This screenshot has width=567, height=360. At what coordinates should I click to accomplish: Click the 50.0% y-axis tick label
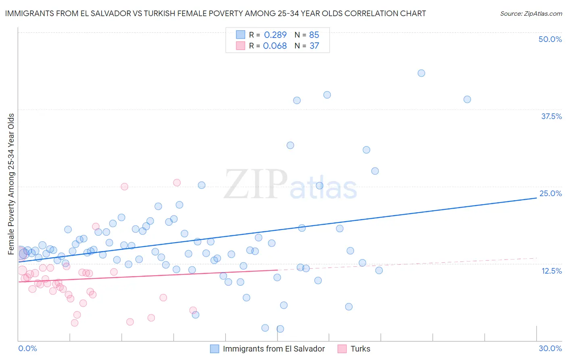tap(550, 39)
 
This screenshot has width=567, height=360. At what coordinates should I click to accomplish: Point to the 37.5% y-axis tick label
tap(551, 116)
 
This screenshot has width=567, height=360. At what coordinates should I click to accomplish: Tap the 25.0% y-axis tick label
tap(550, 193)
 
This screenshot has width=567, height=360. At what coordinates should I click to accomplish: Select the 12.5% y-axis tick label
tap(551, 271)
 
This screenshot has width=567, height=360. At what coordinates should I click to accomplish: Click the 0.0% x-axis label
tap(27, 348)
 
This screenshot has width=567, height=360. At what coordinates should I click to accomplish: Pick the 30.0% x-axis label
tap(550, 348)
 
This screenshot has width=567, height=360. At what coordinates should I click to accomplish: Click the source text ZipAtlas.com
tap(531, 14)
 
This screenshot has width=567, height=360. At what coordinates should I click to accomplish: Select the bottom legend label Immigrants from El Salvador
tap(274, 349)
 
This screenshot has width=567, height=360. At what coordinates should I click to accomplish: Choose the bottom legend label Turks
tap(360, 349)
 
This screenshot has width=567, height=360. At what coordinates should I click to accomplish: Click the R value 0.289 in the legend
tap(275, 35)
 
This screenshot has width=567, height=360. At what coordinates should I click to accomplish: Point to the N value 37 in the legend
tap(314, 46)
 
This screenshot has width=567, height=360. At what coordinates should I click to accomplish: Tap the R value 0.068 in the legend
tap(275, 46)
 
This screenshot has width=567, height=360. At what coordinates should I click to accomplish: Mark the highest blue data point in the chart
tap(421, 73)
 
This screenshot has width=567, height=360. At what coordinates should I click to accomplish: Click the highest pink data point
tap(177, 182)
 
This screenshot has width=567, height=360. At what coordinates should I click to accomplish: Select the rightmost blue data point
tap(467, 99)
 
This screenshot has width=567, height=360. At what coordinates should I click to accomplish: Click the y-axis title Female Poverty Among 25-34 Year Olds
tap(11, 184)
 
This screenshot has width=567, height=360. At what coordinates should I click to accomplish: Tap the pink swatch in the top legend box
tap(240, 46)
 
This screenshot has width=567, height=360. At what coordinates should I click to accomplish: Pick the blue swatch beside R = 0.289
tap(240, 35)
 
